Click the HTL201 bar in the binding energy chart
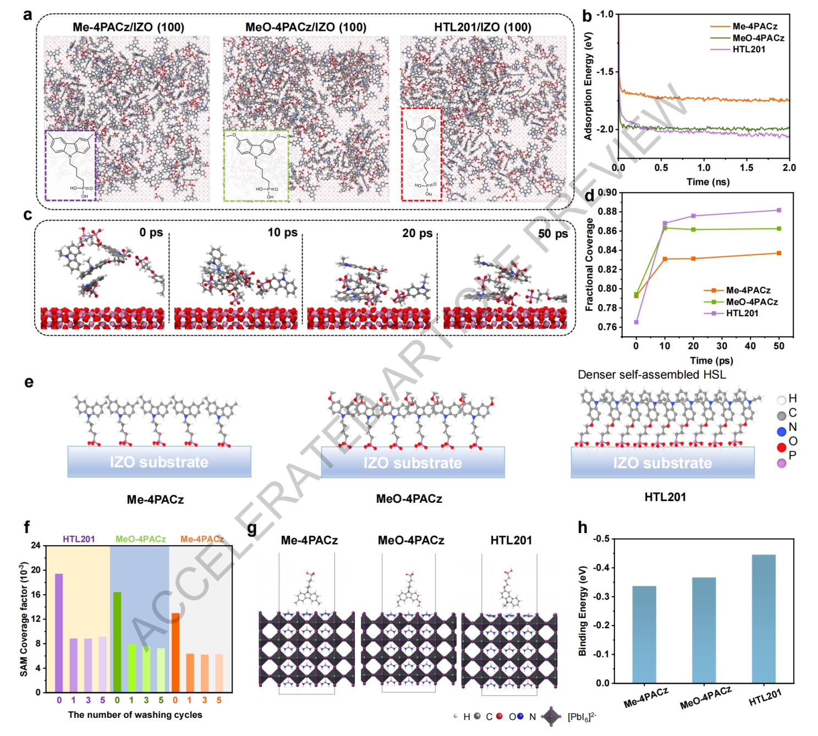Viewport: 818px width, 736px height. tap(763, 618)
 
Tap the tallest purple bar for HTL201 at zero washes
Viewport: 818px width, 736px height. tap(59, 633)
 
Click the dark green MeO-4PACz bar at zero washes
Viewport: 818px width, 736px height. tap(117, 641)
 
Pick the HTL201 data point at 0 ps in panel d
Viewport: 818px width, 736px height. tap(636, 322)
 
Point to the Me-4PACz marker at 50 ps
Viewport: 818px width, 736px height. tap(779, 253)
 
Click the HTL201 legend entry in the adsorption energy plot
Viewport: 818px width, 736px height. tap(748, 50)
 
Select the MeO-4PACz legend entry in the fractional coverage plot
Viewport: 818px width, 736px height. tap(751, 302)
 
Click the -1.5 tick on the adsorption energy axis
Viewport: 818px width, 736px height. tap(605, 72)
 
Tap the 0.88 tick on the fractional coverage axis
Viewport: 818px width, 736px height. tap(607, 212)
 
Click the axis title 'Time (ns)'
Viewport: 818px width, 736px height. tap(707, 182)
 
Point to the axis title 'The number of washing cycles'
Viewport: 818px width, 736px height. tap(135, 715)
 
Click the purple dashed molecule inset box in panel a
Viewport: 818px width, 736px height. tap(70, 165)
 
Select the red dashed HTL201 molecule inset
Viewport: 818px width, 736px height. tap(421, 154)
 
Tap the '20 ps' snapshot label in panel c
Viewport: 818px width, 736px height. tap(417, 233)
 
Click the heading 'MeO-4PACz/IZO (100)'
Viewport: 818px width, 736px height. tap(305, 27)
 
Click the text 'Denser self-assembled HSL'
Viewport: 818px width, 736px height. tap(651, 375)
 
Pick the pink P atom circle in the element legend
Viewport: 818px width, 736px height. tap(781, 463)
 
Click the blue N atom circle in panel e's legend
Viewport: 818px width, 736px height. tap(781, 432)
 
